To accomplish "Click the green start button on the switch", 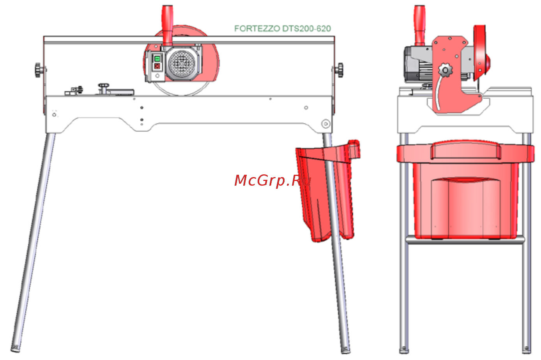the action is point(157,59).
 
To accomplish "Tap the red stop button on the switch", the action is point(157,66).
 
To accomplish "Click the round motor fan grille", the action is point(181,64).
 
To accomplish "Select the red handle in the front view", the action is point(167,25).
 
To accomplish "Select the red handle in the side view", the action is point(419,25).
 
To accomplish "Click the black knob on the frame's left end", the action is point(38,70).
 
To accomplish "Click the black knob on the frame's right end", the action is point(340,70).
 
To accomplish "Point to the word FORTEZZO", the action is point(257,28).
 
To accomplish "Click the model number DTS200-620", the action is point(306,28).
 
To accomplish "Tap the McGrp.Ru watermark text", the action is point(273,181).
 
